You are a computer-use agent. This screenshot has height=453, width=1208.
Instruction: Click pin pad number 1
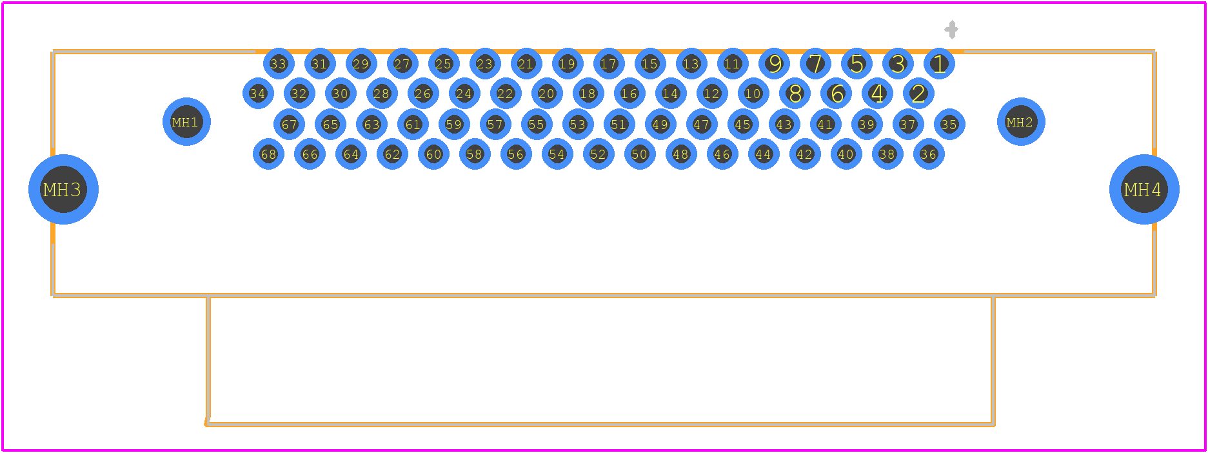[939, 63]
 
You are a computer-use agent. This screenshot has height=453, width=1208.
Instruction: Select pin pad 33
[279, 63]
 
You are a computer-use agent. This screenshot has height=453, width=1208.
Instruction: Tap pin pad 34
[258, 94]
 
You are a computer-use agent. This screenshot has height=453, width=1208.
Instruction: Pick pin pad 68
[268, 154]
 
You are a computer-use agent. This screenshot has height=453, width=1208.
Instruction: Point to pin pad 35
[949, 124]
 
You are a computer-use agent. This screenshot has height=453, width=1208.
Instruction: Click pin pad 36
[929, 154]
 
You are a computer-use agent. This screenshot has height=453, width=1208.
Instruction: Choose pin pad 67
[289, 124]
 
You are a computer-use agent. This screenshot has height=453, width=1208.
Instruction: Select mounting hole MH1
[186, 121]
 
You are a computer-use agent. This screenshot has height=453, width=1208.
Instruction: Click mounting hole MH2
[1021, 121]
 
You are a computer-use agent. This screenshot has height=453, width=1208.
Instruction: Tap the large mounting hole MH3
[63, 189]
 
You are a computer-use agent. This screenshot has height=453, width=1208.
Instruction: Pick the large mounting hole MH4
[1144, 189]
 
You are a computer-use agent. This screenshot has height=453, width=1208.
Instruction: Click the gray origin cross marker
[951, 30]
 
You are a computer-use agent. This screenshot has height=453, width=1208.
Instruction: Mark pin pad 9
[774, 63]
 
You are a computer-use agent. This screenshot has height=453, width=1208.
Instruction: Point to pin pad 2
[918, 94]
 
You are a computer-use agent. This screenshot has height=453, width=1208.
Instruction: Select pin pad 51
[619, 124]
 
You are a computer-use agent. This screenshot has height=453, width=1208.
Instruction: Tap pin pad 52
[599, 154]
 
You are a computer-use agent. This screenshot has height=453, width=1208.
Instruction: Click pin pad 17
[609, 63]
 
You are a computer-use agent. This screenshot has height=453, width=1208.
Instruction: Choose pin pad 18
[588, 94]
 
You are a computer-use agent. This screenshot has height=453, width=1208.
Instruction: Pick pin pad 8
[795, 94]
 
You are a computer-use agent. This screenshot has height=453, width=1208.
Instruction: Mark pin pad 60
[433, 154]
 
